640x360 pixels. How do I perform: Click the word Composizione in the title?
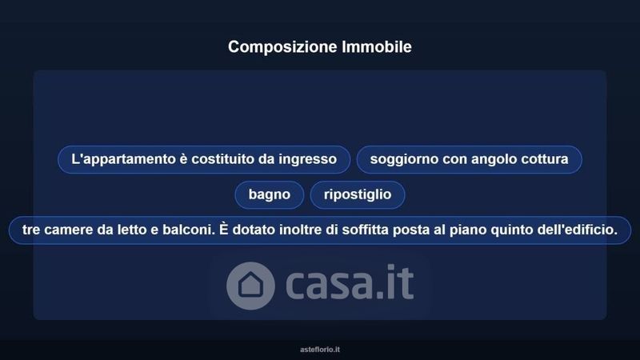pyautogui.click(x=283, y=47)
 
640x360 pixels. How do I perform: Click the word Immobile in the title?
pyautogui.click(x=377, y=46)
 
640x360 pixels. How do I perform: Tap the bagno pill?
pyautogui.click(x=270, y=194)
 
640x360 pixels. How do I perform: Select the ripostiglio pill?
pyautogui.click(x=358, y=194)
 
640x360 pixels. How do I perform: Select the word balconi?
pyautogui.click(x=189, y=230)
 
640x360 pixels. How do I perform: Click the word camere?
pyautogui.click(x=68, y=230)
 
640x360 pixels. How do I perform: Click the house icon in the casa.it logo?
pyautogui.click(x=250, y=286)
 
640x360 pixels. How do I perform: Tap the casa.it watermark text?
pyautogui.click(x=350, y=282)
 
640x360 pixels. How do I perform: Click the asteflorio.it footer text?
pyautogui.click(x=320, y=350)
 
